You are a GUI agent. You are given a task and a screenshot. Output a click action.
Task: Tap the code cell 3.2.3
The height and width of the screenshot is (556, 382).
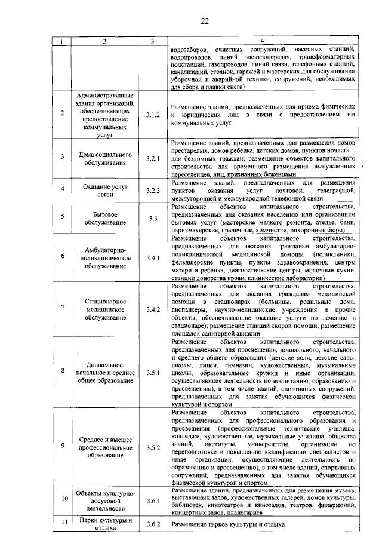pos(153,190)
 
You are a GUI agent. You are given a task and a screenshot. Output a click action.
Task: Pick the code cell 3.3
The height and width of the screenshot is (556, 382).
pos(153,219)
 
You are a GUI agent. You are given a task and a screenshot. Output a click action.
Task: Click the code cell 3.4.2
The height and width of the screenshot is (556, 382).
pos(153,310)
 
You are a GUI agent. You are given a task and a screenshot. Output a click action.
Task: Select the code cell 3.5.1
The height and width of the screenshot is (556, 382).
pos(153,372)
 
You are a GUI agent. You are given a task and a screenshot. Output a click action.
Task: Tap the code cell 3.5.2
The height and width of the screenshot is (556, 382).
pos(153,447)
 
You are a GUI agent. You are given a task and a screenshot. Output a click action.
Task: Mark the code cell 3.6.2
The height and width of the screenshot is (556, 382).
pos(153,524)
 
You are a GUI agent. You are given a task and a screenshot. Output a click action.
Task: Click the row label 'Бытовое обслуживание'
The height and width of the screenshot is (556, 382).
pos(104,219)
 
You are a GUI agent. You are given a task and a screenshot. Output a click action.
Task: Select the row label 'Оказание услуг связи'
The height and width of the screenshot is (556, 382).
pos(104,190)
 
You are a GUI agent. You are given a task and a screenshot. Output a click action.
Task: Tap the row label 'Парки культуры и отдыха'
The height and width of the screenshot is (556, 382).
pos(104,524)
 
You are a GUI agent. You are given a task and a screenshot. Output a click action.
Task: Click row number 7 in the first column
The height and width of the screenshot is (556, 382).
pos(63,310)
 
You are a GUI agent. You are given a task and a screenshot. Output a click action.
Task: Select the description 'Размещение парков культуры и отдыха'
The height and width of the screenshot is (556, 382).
pos(228,524)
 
